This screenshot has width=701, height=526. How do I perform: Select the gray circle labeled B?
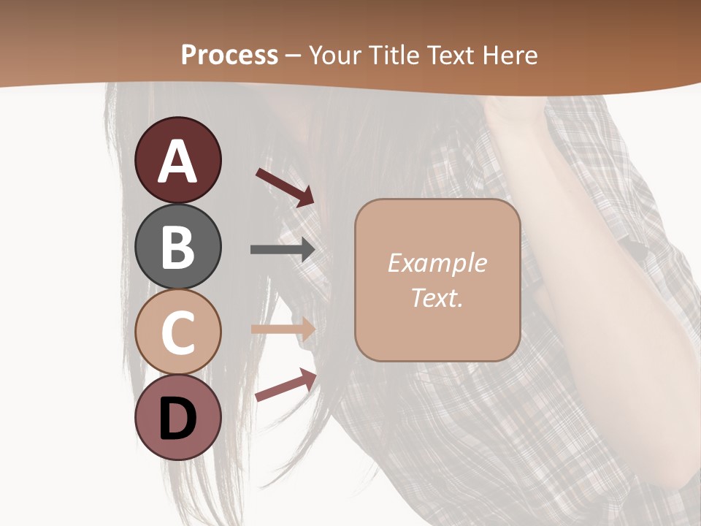[177, 246]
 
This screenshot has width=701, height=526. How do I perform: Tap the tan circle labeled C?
[177, 332]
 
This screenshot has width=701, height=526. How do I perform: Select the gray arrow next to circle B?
[283, 250]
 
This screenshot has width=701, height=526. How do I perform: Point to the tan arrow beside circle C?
[283, 329]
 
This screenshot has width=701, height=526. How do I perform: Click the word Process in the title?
[229, 56]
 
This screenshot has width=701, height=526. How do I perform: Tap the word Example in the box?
[437, 263]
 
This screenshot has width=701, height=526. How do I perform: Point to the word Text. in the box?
[437, 297]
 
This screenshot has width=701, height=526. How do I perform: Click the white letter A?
[177, 161]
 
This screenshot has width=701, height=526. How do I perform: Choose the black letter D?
[177, 420]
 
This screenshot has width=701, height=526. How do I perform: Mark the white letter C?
[177, 332]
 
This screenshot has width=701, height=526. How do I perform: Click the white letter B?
[177, 246]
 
